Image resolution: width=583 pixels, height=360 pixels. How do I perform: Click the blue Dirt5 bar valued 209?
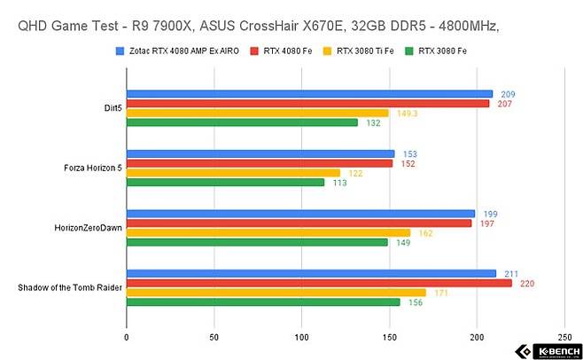tap(309, 94)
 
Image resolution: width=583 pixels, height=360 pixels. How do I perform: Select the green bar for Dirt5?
tap(242, 122)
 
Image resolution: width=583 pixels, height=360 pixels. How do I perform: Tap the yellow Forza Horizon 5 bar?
tap(233, 173)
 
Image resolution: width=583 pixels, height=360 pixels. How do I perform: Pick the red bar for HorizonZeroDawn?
tap(299, 223)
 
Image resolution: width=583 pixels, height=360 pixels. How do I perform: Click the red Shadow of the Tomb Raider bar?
tap(319, 283)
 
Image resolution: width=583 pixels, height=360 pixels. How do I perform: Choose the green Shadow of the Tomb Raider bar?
tap(263, 302)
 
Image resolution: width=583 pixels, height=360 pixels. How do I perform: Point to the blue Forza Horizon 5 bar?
tap(260, 153)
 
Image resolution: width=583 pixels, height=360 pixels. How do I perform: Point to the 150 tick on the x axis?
tap(389, 338)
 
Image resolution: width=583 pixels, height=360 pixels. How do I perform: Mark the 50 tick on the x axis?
tap(214, 338)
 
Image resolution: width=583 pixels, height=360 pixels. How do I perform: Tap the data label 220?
tap(525, 283)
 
